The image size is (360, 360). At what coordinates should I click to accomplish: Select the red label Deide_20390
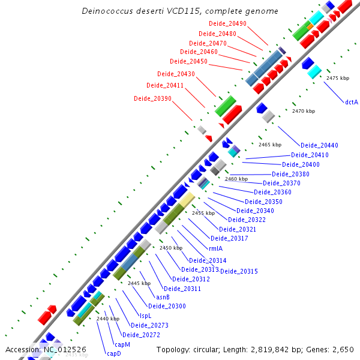click(x=152, y=98)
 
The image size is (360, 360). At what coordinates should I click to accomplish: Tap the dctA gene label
click(x=352, y=102)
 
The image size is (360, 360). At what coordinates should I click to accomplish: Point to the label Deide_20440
click(x=319, y=145)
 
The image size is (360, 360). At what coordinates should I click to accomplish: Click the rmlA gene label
click(x=216, y=248)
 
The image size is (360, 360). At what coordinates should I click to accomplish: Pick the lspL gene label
click(x=146, y=316)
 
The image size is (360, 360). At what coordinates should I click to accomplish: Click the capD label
click(x=114, y=353)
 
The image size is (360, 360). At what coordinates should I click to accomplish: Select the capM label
click(x=122, y=344)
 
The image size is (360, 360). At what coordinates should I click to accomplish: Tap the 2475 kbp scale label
click(x=338, y=79)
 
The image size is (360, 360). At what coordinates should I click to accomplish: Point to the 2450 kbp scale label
click(x=170, y=248)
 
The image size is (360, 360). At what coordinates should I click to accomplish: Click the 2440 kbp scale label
click(x=108, y=319)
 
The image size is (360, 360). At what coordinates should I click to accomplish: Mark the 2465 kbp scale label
click(x=270, y=145)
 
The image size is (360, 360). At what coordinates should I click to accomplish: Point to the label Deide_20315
click(x=239, y=271)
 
